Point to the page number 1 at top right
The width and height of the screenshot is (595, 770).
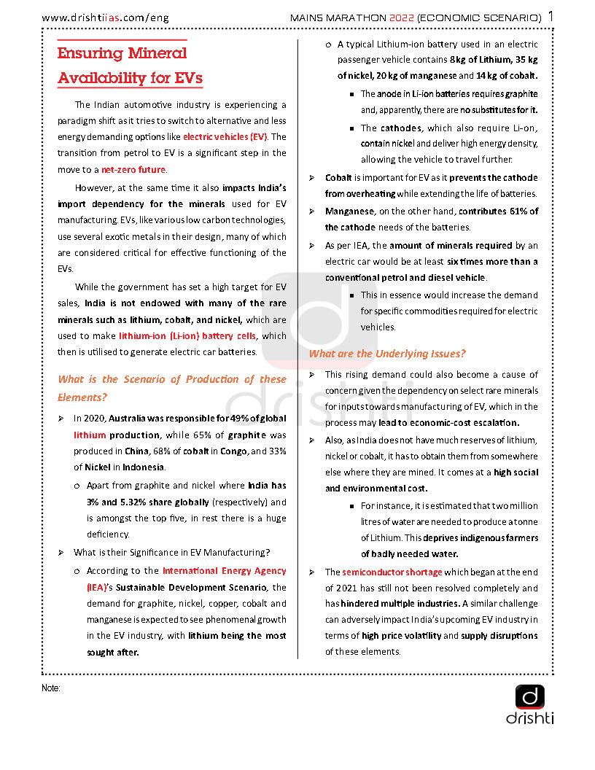point(551,16)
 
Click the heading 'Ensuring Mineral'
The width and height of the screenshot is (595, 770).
point(122,53)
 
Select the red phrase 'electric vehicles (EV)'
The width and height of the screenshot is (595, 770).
point(225,136)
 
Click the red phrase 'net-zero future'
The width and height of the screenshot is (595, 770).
point(133,169)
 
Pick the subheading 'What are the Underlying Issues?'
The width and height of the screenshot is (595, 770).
point(387,354)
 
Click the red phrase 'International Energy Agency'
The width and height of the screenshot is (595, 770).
point(224,571)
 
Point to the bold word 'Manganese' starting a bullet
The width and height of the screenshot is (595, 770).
point(349,211)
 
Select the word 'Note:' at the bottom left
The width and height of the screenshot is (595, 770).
point(51,688)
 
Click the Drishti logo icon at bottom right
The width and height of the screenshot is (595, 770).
point(530,696)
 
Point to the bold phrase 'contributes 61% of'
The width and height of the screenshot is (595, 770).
point(498,211)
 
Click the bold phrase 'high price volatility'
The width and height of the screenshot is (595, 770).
point(401,636)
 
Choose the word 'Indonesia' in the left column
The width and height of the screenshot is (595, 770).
point(143,467)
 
